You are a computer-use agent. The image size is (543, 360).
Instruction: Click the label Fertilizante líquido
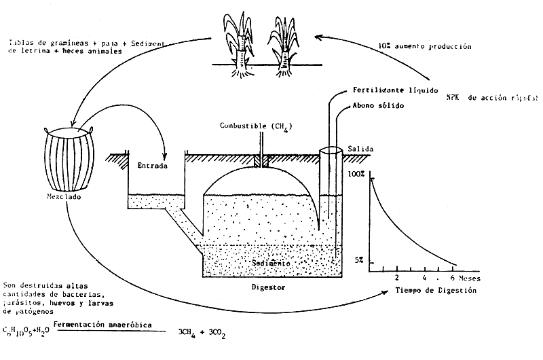389,90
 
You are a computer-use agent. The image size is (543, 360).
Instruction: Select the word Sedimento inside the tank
270,262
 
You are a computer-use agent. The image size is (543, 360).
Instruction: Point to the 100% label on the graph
357,175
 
